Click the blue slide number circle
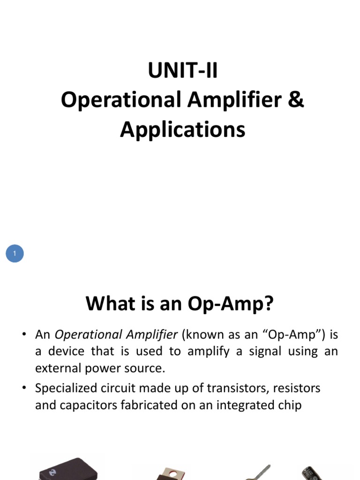15,254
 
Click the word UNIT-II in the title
183,71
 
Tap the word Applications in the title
183,129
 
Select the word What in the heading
107,305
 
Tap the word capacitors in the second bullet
82,405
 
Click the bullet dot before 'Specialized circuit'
24,388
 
